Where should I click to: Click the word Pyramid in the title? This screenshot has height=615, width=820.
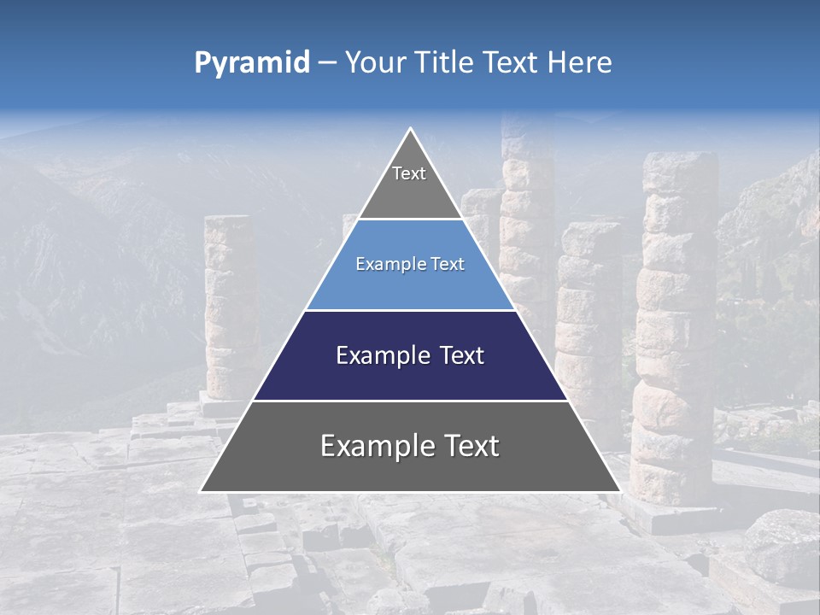(252, 63)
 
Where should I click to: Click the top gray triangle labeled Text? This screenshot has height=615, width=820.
(409, 184)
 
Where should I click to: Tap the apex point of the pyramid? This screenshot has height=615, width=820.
(410, 129)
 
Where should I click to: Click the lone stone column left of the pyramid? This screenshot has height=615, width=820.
(229, 307)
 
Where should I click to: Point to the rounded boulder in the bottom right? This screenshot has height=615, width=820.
(782, 547)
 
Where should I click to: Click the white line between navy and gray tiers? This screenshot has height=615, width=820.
(410, 401)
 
